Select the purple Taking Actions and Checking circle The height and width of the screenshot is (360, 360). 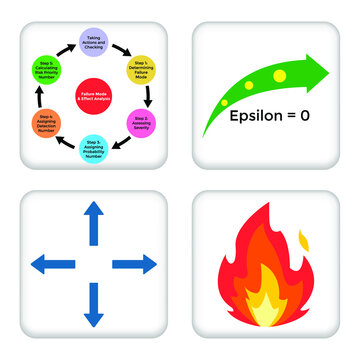[x=92, y=41]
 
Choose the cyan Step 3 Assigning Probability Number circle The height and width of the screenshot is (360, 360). [x=92, y=147]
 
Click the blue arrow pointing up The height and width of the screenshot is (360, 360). [x=93, y=218]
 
